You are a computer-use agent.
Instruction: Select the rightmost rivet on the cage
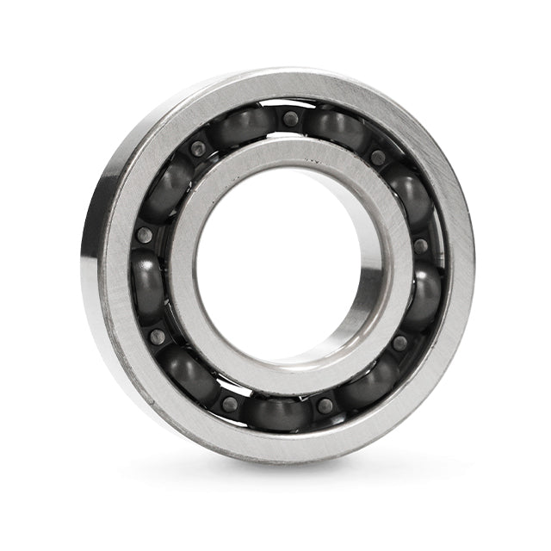[x=420, y=246]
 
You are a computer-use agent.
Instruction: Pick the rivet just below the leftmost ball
[x=158, y=337]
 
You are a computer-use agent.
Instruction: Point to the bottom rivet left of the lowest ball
[x=229, y=403]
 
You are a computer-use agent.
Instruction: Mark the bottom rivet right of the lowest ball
[x=324, y=405]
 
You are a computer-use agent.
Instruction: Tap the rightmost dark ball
[x=424, y=296]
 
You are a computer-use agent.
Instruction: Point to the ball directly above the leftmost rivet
[x=164, y=189]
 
